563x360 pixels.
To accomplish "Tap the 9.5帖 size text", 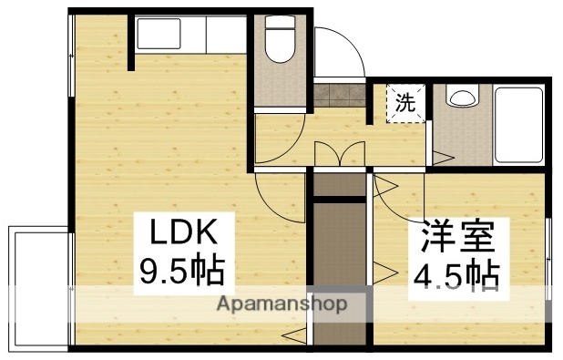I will [x=181, y=271].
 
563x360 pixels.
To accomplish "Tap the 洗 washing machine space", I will [x=404, y=102].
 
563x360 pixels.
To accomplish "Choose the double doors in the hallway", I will [x=340, y=155].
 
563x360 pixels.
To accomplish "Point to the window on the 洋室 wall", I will [x=548, y=260].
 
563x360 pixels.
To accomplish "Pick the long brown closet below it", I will [x=339, y=273].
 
